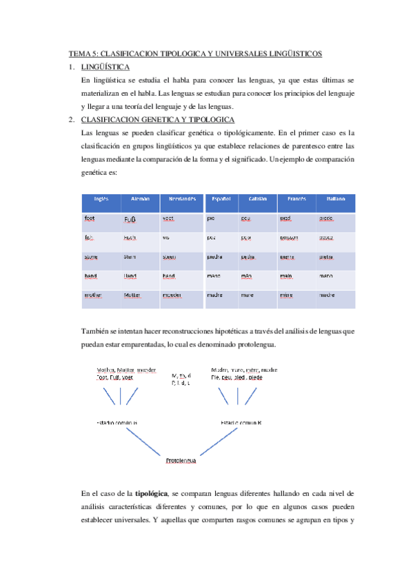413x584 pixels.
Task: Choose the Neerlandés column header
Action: tap(181, 199)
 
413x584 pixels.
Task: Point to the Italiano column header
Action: tap(336, 199)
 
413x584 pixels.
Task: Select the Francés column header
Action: tap(296, 199)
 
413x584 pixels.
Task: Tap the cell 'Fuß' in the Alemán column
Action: tap(130, 220)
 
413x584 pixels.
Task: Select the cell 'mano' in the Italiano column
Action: tap(327, 276)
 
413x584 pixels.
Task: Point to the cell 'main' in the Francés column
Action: tap(285, 276)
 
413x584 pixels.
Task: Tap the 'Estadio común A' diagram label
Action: tap(118, 422)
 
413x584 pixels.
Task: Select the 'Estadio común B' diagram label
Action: tap(241, 422)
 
